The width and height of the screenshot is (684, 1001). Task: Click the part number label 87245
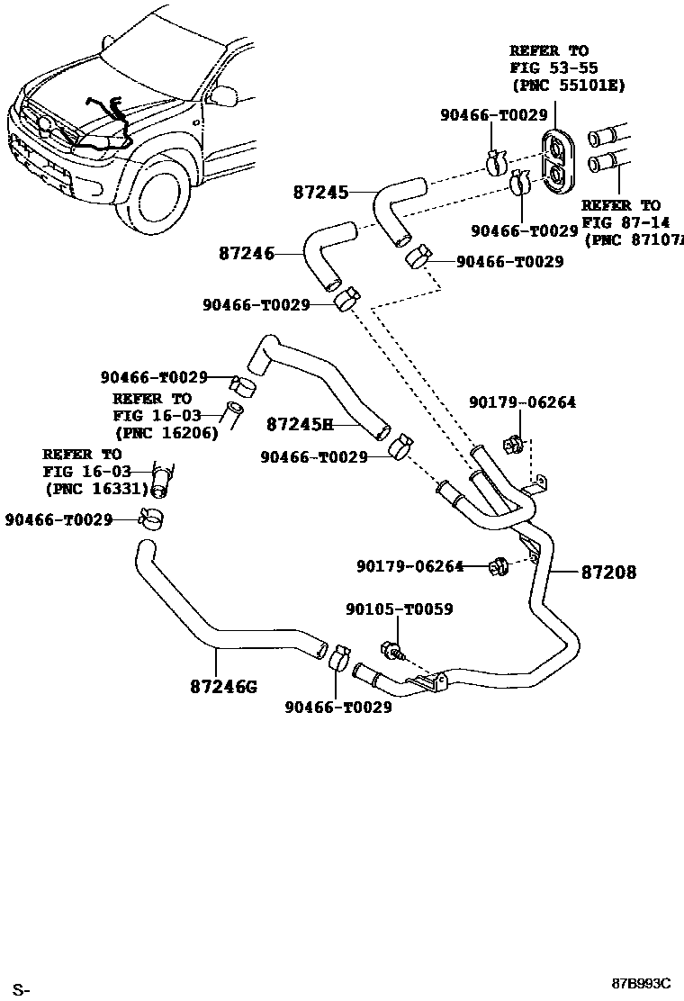(x=320, y=193)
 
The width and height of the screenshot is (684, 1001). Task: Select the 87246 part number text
(x=246, y=255)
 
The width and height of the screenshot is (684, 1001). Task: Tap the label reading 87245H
(x=300, y=423)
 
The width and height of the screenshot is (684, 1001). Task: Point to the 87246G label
(x=223, y=687)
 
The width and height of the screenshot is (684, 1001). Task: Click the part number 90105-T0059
(x=399, y=609)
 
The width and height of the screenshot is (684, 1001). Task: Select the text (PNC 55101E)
(x=568, y=86)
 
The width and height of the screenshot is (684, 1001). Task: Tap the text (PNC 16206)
(x=166, y=432)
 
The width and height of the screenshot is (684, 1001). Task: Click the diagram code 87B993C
(x=643, y=984)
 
